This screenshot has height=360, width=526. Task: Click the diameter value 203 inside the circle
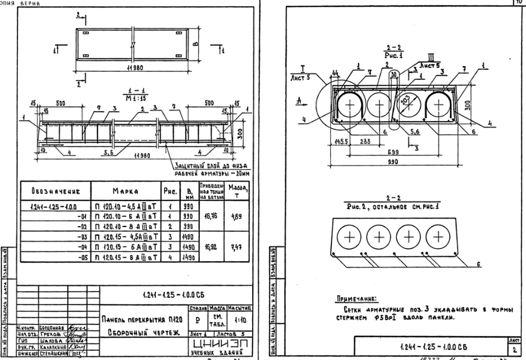pyautogui.click(x=410, y=101)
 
